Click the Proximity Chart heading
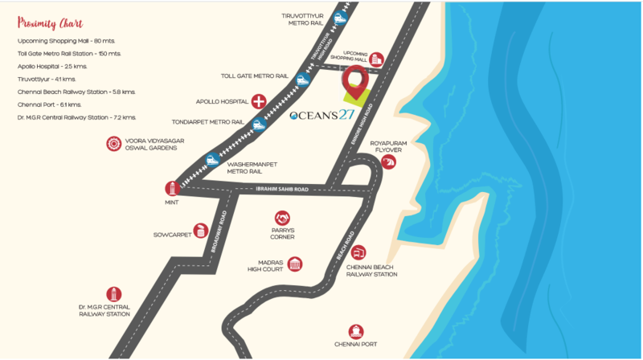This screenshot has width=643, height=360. click(50, 22)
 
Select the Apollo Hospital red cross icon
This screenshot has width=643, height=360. click(259, 101)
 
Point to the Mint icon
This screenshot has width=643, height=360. click(170, 189)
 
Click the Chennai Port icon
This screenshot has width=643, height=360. click(355, 331)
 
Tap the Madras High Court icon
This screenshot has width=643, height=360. click(295, 264)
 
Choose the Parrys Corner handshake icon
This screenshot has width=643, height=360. click(282, 218)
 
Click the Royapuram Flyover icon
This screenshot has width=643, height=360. click(389, 162)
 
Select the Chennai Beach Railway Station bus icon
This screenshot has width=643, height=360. click(358, 253)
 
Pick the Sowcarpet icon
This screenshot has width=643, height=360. click(201, 231)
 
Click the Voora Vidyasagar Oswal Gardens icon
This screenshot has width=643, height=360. click(113, 144)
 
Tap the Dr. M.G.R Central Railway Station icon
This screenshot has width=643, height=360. click(114, 295)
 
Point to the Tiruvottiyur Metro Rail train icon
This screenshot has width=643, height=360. click(341, 18)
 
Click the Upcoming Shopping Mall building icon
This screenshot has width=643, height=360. click(375, 59)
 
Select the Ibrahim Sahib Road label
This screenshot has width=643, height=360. click(281, 189)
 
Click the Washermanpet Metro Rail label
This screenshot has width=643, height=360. click(252, 167)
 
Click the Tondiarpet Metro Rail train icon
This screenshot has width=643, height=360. click(257, 124)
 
